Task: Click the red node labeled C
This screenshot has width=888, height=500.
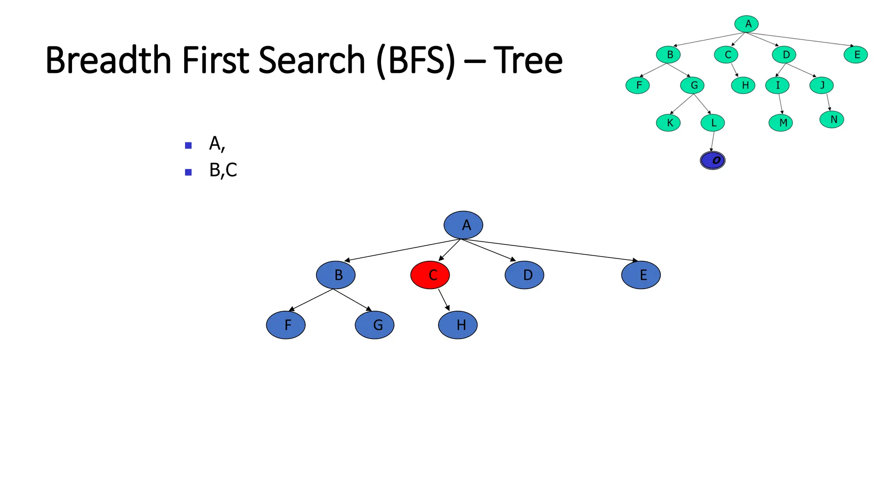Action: [430, 275]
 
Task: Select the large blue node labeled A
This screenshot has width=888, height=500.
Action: [463, 225]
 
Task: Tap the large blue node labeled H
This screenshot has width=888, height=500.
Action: [458, 325]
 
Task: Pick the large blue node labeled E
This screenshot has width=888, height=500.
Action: [641, 275]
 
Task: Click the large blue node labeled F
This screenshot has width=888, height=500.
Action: [286, 325]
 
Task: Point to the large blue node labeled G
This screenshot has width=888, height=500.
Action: [375, 325]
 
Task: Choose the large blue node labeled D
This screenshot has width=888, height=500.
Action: [524, 275]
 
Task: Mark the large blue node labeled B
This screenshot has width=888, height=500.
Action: [336, 275]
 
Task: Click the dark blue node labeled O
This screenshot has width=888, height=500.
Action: [712, 161]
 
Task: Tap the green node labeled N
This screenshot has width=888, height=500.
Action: [832, 119]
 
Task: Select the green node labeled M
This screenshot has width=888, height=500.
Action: [780, 123]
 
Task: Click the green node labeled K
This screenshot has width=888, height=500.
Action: [668, 123]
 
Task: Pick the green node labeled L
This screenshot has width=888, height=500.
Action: [712, 123]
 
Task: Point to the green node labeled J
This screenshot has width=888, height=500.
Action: [821, 85]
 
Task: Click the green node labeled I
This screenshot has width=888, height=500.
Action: [777, 85]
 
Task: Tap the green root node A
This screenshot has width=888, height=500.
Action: [747, 24]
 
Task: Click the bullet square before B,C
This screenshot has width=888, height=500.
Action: [188, 172]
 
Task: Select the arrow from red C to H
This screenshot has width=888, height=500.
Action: [444, 300]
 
